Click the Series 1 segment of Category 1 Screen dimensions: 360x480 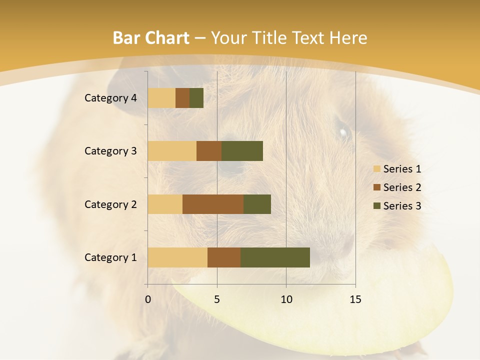pyautogui.click(x=177, y=257)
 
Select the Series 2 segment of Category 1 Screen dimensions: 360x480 pyautogui.click(x=224, y=257)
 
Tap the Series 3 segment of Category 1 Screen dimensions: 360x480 pyautogui.click(x=275, y=257)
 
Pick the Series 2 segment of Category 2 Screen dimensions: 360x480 pyautogui.click(x=213, y=204)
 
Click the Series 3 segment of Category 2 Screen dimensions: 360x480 pyautogui.click(x=257, y=204)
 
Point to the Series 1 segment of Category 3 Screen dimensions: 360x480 pyautogui.click(x=172, y=151)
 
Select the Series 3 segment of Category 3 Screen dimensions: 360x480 pyautogui.click(x=242, y=151)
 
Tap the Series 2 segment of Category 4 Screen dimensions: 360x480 pyautogui.click(x=182, y=98)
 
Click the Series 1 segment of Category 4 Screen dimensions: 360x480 pyautogui.click(x=161, y=98)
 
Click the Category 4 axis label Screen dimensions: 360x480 pyautogui.click(x=110, y=98)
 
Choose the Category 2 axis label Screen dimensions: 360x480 pyautogui.click(x=110, y=204)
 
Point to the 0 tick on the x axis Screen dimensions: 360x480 pyautogui.click(x=148, y=299)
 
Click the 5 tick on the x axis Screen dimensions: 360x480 pyautogui.click(x=217, y=299)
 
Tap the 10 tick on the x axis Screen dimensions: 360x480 pyautogui.click(x=286, y=299)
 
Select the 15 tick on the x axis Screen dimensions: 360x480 pyautogui.click(x=355, y=299)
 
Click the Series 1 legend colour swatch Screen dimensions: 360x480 pyautogui.click(x=376, y=169)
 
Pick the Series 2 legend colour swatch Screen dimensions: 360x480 pyautogui.click(x=376, y=187)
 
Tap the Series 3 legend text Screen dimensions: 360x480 pyautogui.click(x=402, y=206)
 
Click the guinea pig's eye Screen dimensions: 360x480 pyautogui.click(x=343, y=133)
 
